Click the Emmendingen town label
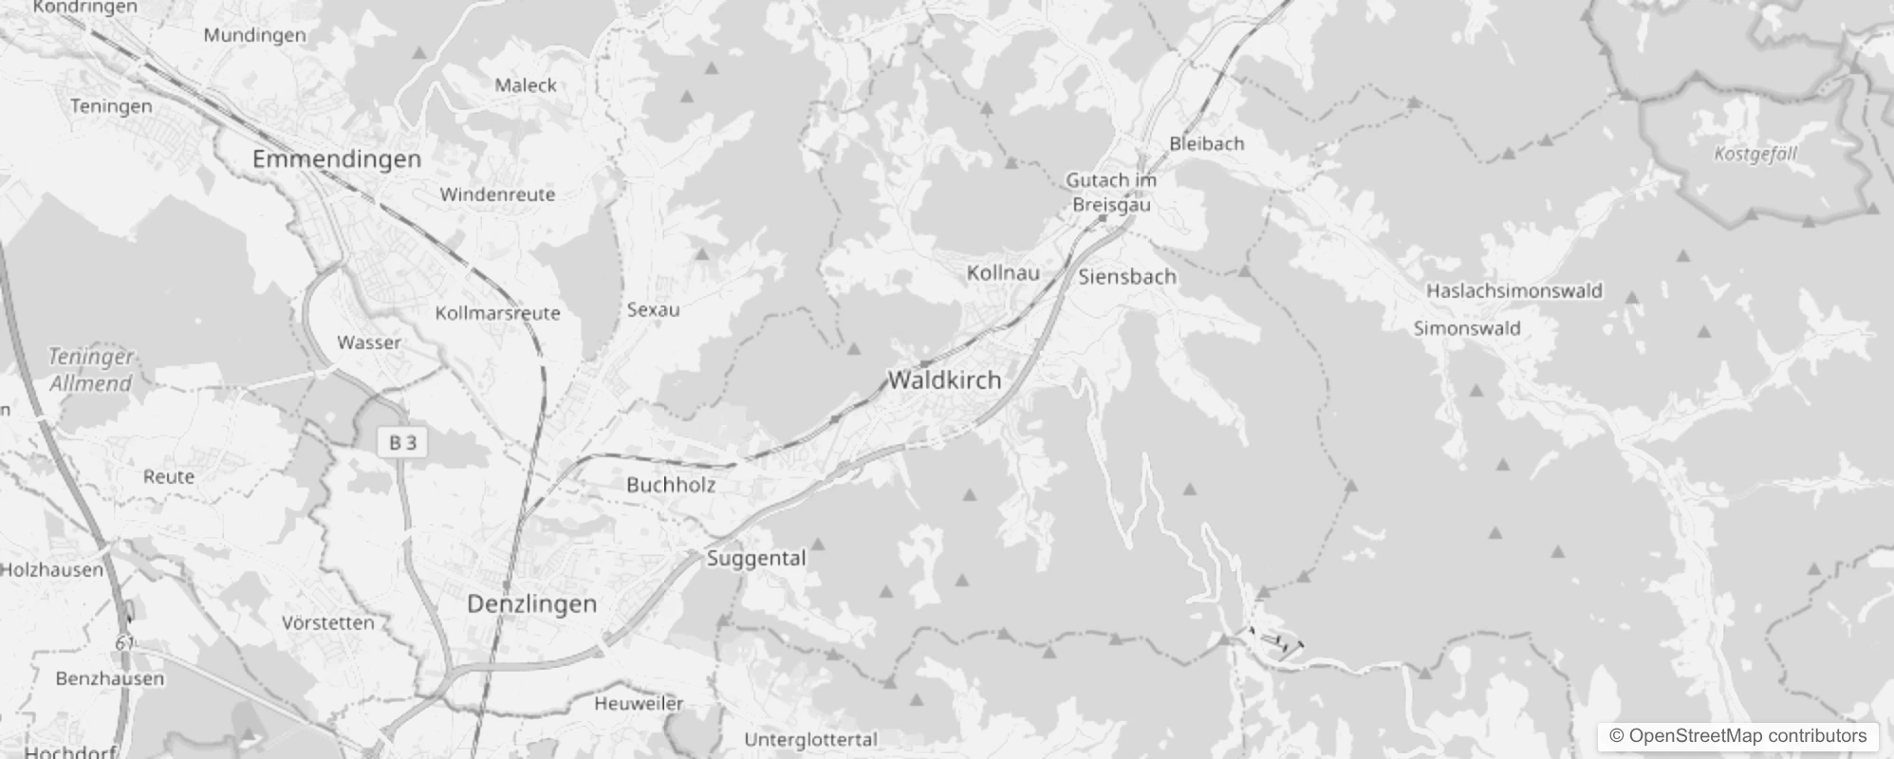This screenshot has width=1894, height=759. (x=336, y=158)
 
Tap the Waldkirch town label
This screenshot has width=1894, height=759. (x=944, y=379)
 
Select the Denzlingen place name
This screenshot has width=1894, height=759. (x=531, y=603)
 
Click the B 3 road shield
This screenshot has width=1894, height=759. (x=402, y=442)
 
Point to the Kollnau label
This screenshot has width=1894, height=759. (x=1003, y=273)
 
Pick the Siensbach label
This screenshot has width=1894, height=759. (x=1127, y=277)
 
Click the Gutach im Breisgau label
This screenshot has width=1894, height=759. (x=1111, y=192)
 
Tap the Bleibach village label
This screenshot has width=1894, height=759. (x=1206, y=143)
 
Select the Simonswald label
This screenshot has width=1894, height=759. (x=1467, y=328)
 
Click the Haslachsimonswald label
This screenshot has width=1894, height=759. (x=1514, y=290)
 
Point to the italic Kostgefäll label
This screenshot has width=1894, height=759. (x=1755, y=154)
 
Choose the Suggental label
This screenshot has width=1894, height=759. (x=756, y=558)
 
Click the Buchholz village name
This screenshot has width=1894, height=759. (x=671, y=484)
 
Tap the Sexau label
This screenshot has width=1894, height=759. (x=653, y=309)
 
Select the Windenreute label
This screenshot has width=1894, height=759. (x=497, y=194)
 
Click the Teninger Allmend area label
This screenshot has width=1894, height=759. (x=91, y=370)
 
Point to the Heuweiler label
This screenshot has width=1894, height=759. (x=639, y=703)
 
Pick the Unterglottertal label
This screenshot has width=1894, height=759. (x=810, y=739)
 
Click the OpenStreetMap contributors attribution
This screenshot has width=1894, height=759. (x=1737, y=736)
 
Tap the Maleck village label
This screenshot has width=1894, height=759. (x=526, y=85)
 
